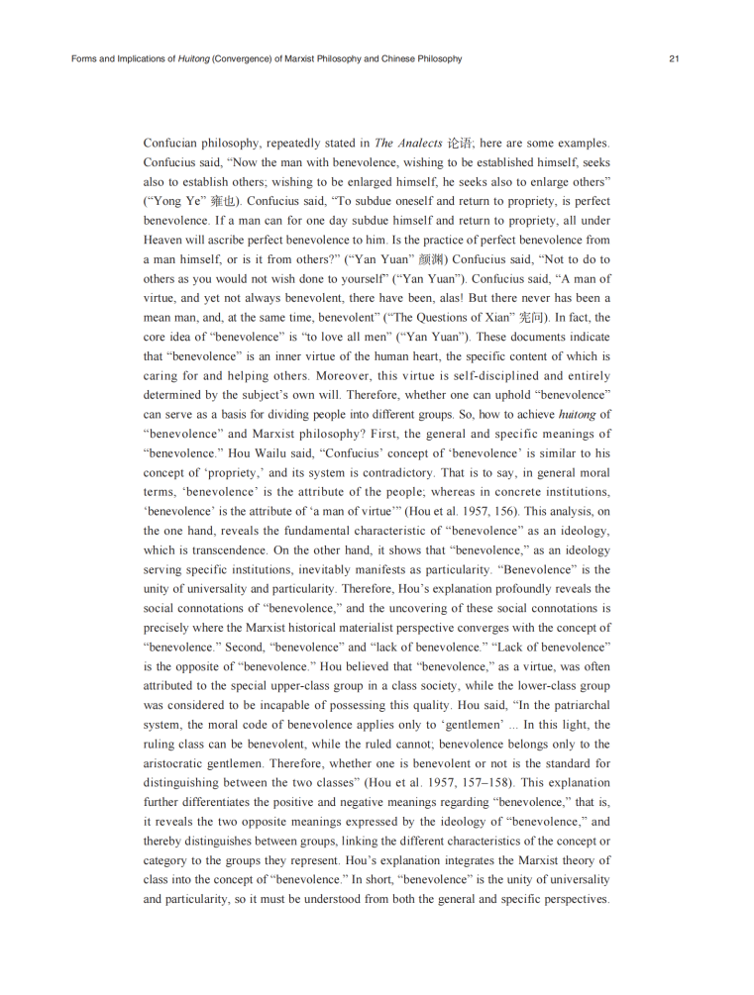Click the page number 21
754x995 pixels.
click(x=673, y=59)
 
